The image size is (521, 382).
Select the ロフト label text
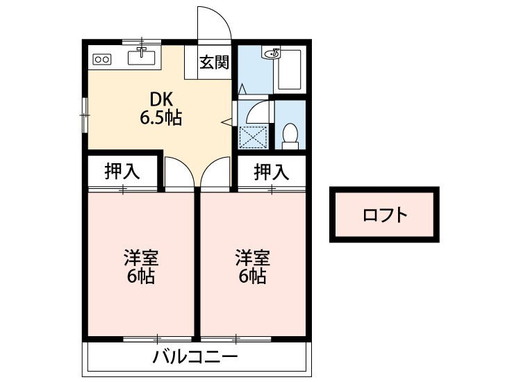[384, 215]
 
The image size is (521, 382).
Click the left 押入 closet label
[122, 172]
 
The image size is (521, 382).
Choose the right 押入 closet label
[270, 172]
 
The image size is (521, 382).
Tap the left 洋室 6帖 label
[141, 267]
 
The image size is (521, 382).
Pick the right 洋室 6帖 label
[251, 267]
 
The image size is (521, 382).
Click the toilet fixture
[290, 135]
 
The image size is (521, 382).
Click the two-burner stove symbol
[102, 59]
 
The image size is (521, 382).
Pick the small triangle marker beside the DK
[226, 122]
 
